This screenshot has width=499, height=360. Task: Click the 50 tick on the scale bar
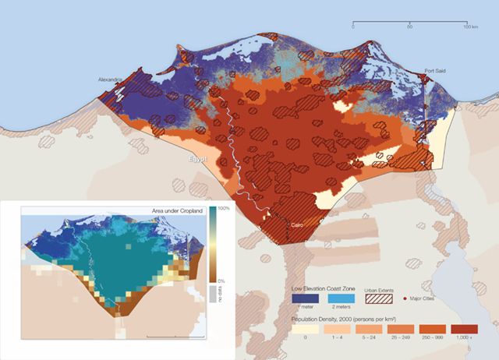[410, 27]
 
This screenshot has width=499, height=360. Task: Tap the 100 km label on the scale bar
[470, 27]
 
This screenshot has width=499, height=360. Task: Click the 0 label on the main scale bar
[353, 27]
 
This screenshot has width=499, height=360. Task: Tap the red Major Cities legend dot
[405, 298]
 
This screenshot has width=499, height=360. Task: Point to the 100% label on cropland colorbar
[221, 210]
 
